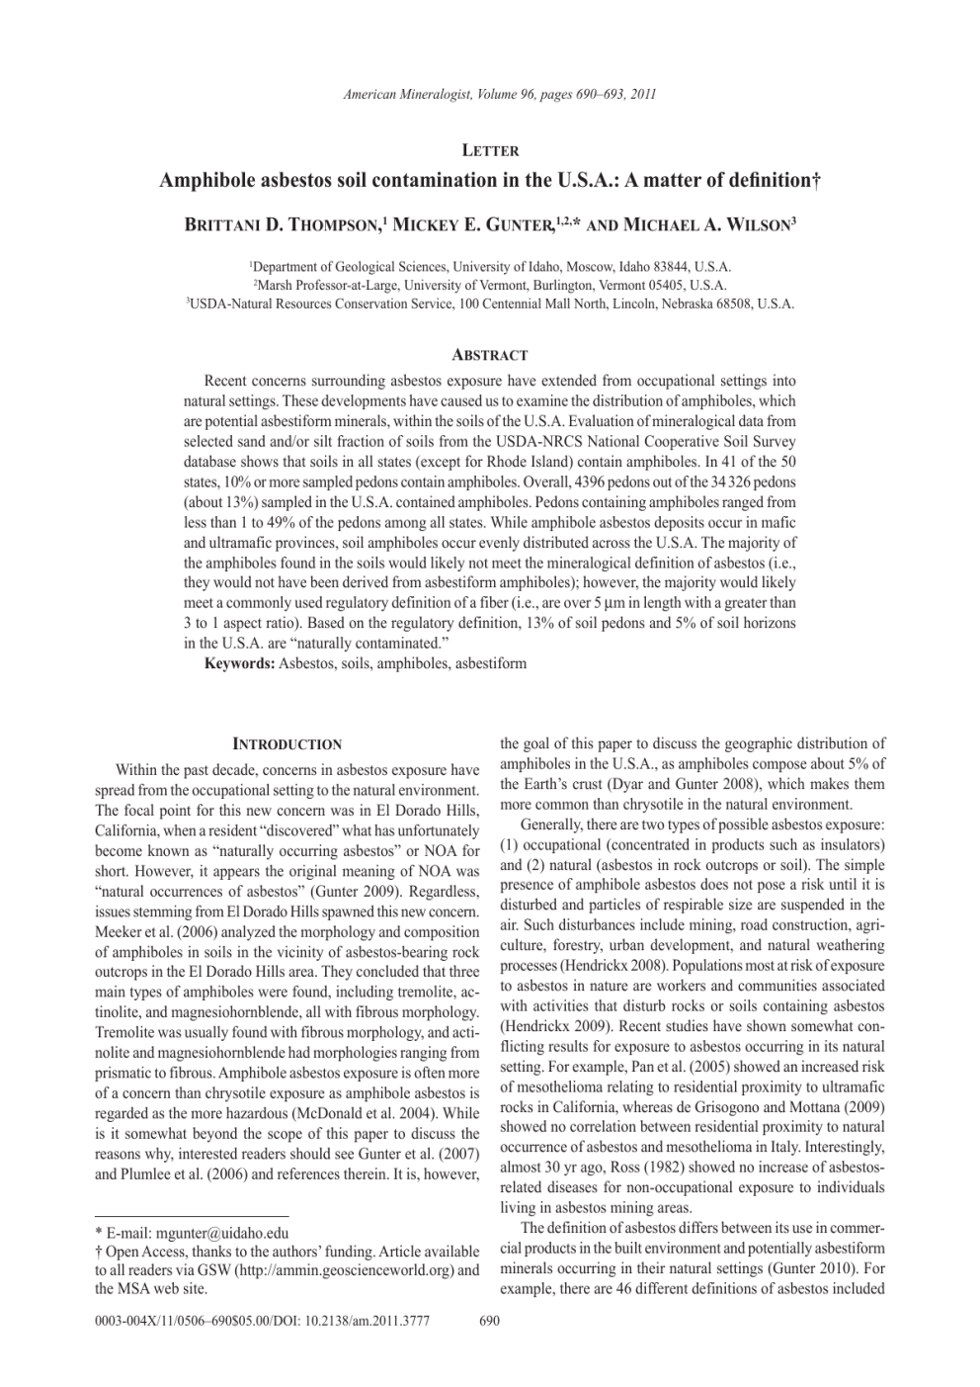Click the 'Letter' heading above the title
click(490, 150)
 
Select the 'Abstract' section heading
click(490, 355)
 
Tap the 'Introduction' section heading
click(286, 744)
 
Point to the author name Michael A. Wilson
click(709, 225)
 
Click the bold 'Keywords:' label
click(239, 663)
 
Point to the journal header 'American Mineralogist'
click(407, 95)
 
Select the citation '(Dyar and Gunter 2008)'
click(652, 784)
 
